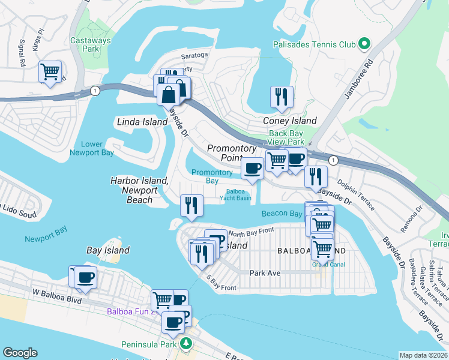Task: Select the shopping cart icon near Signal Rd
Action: coord(50,71)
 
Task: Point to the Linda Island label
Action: coord(142,122)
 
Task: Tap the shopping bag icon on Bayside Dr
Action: coord(168,94)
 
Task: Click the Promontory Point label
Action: coord(232,152)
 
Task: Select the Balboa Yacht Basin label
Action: coord(238,195)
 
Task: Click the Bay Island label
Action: coord(108,250)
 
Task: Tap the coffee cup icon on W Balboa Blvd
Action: coord(86,277)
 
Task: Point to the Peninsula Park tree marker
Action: coord(187,344)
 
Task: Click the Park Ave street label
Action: coord(265,272)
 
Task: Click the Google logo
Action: coord(20,353)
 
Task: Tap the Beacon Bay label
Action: coord(282,214)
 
